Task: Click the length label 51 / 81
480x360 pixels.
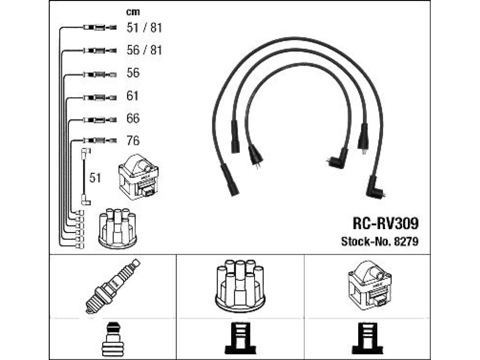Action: point(144,28)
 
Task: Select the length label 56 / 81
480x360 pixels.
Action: point(144,50)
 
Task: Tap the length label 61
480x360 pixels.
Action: point(133,96)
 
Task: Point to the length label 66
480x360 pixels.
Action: point(133,118)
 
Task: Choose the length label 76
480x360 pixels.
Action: point(133,141)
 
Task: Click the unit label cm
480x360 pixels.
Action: point(133,12)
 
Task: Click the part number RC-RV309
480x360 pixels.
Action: point(385,223)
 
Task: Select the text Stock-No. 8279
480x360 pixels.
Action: point(380,241)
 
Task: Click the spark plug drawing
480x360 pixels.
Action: point(112,286)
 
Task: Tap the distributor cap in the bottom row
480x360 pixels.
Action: point(240,286)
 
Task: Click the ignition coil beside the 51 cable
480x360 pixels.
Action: point(138,177)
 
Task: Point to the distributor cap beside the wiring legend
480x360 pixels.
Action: point(118,228)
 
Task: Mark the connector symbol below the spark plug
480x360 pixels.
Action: point(112,340)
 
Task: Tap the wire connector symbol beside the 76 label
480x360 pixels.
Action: point(99,141)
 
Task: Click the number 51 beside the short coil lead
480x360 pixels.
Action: point(95,178)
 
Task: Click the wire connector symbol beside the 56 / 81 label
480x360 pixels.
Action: point(99,50)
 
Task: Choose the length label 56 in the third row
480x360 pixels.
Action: point(133,73)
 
